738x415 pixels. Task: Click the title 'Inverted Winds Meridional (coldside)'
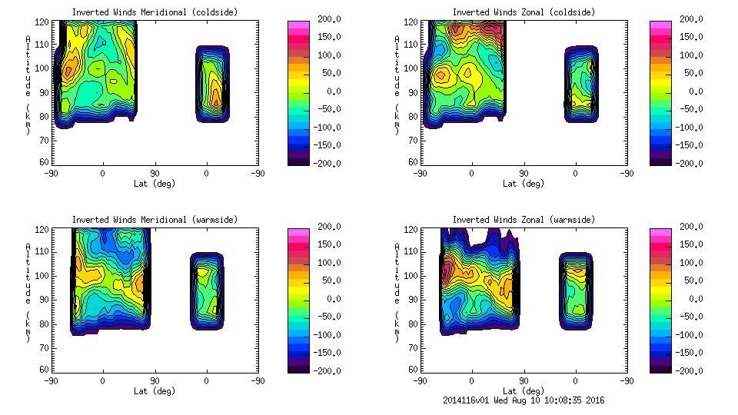click(155, 12)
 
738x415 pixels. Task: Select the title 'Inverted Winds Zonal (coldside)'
click(523, 12)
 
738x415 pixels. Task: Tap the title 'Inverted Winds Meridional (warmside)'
click(155, 220)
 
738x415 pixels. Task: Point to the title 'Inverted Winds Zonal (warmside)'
click(523, 220)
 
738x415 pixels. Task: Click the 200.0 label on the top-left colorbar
click(325, 19)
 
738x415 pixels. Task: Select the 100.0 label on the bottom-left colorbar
click(325, 263)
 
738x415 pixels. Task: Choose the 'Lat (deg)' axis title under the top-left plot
click(155, 183)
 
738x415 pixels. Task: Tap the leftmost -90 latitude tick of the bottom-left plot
click(51, 380)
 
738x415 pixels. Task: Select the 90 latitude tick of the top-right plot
click(523, 173)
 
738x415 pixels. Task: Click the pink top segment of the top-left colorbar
click(298, 24)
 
